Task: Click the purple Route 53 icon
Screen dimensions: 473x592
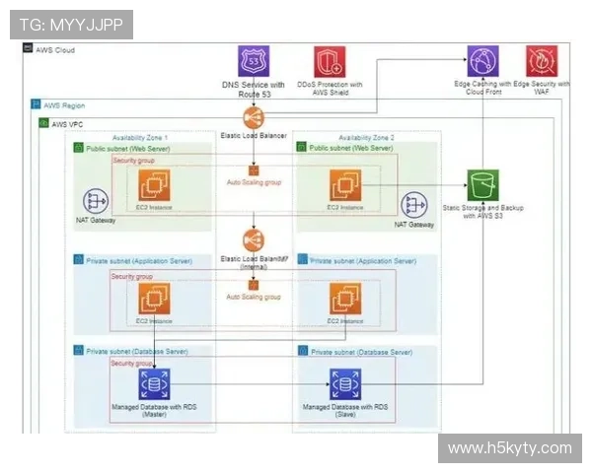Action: [x=253, y=61]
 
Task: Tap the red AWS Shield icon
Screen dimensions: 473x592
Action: [x=329, y=61]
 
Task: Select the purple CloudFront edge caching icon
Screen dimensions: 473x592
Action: [x=482, y=61]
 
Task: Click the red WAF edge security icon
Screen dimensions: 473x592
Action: [x=542, y=61]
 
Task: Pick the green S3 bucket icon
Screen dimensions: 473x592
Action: [x=482, y=184]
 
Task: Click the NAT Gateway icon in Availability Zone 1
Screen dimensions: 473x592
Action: [x=96, y=202]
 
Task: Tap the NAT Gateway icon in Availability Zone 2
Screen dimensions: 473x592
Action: [x=413, y=205]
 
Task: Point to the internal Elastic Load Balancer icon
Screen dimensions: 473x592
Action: [x=253, y=240]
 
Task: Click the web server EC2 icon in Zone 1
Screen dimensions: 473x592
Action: [x=154, y=184]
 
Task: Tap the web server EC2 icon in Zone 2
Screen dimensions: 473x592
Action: [x=345, y=184]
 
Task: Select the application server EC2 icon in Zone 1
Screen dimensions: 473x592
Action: [x=154, y=299]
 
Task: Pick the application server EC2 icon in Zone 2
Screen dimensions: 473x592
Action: [x=345, y=299]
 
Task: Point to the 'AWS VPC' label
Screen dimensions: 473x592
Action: [x=66, y=124]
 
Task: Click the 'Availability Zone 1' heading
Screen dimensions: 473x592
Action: [x=140, y=137]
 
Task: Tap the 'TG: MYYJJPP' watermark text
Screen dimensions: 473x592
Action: [x=71, y=24]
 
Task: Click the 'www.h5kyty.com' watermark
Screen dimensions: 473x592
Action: [x=509, y=448]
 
